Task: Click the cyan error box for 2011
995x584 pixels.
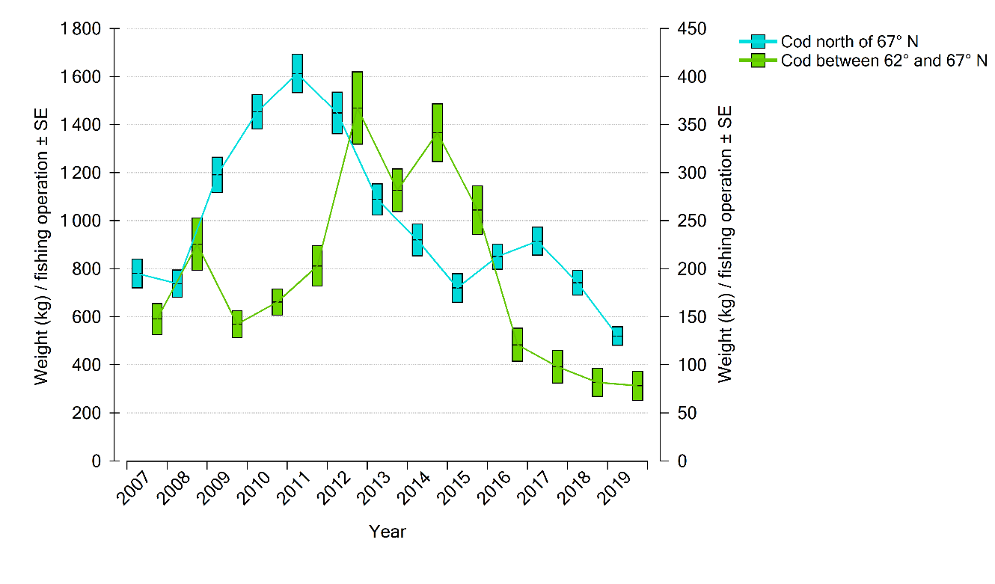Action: point(297,73)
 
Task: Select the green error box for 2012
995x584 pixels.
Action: point(357,108)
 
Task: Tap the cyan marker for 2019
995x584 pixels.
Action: point(617,336)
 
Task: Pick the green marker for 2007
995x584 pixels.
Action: point(157,319)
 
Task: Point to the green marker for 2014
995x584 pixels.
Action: point(437,132)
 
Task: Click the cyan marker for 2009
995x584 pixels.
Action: point(217,175)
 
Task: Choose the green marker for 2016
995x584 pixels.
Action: point(517,345)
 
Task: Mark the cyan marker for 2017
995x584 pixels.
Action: point(537,241)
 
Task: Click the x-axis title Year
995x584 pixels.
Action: point(388,532)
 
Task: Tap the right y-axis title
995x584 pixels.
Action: point(724,245)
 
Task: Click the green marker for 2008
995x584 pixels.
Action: point(197,244)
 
